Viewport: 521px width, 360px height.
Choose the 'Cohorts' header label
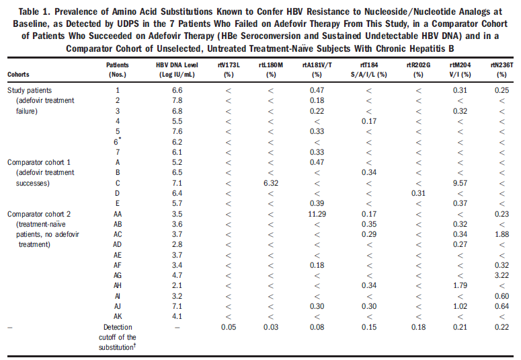[x=19, y=74]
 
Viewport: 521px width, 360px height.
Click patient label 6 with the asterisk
[x=118, y=142]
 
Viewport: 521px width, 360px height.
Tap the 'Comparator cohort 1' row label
[x=41, y=163]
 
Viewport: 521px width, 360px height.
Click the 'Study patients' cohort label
[x=30, y=89]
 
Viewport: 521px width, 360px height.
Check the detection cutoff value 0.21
[x=459, y=328]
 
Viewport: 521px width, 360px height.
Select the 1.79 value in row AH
[x=459, y=286]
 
